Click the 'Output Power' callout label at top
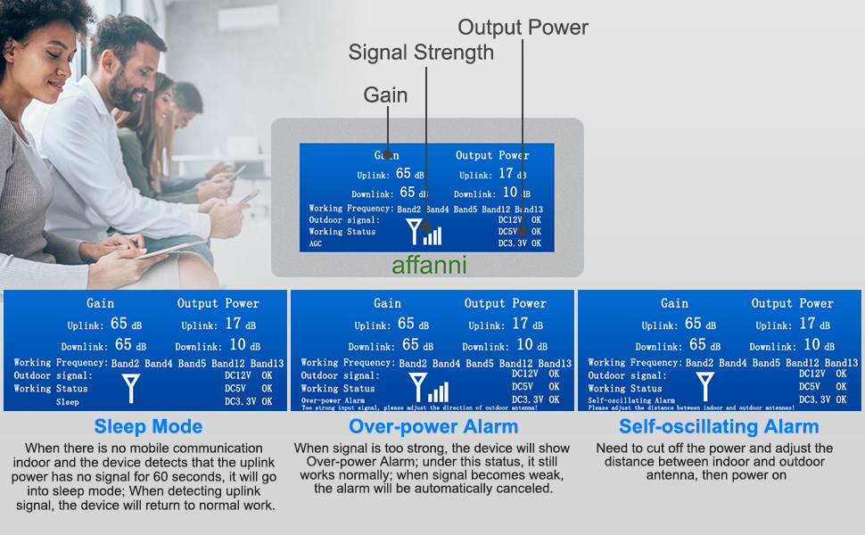coord(523,28)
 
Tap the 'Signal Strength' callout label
coord(421,53)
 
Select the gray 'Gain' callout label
coord(385,95)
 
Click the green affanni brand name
coord(429,265)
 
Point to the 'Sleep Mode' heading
coord(148,426)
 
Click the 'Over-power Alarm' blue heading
coord(433,426)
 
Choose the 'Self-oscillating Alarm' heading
coord(719,426)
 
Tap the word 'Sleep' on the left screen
coord(68,402)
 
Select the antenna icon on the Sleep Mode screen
coord(130,388)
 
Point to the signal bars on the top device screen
coord(432,235)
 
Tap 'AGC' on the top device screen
coord(317,243)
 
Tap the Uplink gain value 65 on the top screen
coord(403,174)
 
